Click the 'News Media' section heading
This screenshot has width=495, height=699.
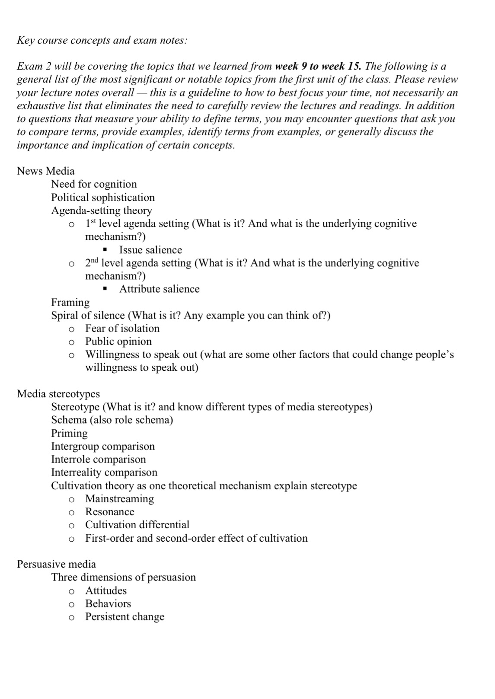(x=45, y=171)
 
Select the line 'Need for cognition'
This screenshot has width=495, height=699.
(x=94, y=184)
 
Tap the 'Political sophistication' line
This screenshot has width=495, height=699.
(x=102, y=198)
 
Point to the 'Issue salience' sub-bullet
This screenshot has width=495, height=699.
(x=150, y=250)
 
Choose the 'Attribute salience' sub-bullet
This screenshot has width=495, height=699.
(x=159, y=289)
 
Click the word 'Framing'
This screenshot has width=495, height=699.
(x=70, y=302)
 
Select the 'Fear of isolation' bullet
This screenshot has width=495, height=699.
(x=122, y=329)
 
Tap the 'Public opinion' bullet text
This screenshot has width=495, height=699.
(x=118, y=342)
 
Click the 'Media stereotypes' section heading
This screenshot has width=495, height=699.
(x=58, y=394)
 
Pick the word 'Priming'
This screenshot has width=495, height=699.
(x=69, y=433)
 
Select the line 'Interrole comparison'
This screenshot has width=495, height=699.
(x=99, y=459)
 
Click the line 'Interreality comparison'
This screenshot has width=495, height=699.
(x=104, y=472)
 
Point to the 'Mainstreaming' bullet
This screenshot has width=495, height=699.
(x=119, y=499)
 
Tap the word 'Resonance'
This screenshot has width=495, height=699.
(x=109, y=512)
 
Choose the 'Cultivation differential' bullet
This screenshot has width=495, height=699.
(x=137, y=525)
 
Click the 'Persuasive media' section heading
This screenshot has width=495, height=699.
(x=56, y=564)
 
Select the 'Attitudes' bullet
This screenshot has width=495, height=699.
(x=106, y=590)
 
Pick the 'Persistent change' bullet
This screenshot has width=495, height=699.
(x=125, y=617)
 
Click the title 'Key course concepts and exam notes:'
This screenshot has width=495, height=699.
(x=102, y=41)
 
